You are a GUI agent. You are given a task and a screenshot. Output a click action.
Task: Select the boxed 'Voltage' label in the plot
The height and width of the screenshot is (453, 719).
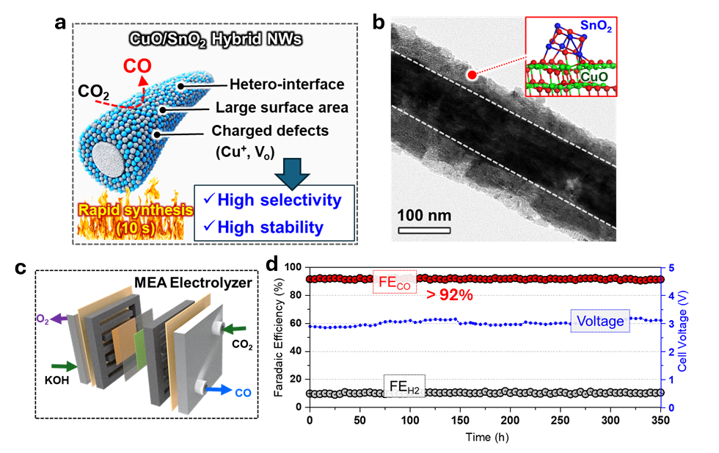(x=600, y=320)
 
